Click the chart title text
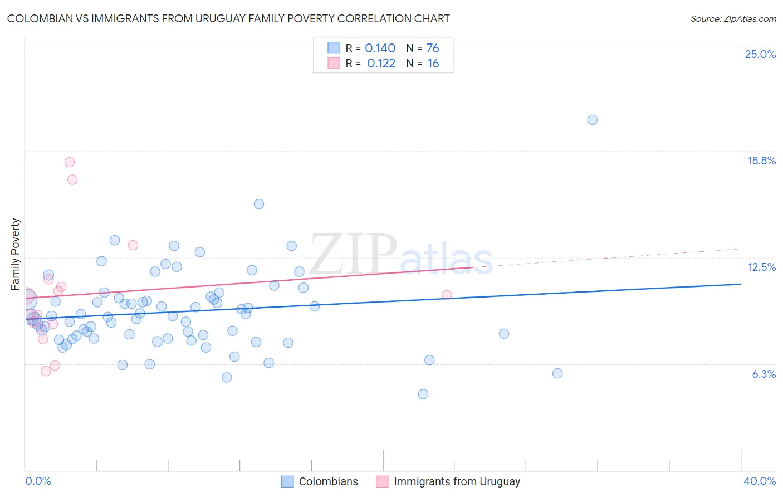228,18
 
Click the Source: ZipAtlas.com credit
733,19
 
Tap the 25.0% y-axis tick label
760,54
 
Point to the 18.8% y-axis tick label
761,160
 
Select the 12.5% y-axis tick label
761,267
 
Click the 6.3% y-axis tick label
764,374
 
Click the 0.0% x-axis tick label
38,481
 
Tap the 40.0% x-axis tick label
759,481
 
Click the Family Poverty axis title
16,254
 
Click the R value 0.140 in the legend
380,48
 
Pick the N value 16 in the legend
433,64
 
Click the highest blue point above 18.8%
592,120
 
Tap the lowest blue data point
423,394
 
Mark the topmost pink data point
70,162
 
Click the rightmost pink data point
447,295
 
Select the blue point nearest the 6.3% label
557,373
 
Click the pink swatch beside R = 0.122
334,63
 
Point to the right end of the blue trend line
741,284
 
